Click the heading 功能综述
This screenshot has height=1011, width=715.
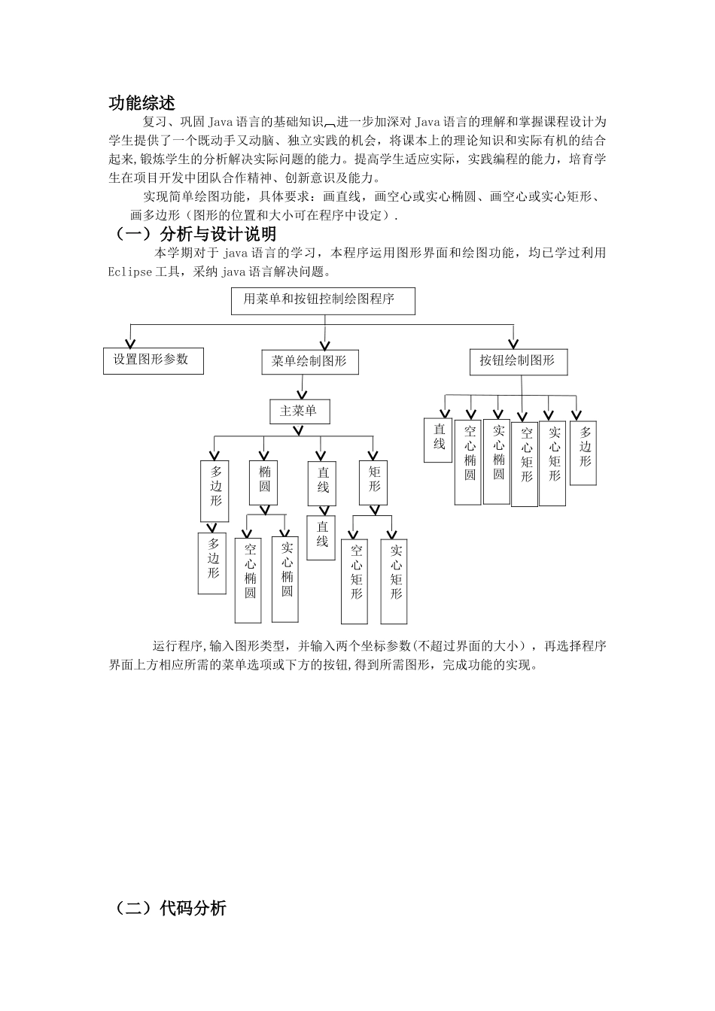point(142,103)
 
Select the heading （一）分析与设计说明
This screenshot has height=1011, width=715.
point(195,234)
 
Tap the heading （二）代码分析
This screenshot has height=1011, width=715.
point(170,908)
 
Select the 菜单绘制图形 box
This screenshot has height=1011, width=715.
point(309,362)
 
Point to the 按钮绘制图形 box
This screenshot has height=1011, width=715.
point(517,361)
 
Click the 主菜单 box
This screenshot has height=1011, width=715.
point(299,411)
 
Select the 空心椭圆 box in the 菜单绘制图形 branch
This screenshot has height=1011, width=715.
point(249,580)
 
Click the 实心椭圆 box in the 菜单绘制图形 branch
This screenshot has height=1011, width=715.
point(286,578)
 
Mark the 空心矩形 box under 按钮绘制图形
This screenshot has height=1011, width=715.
point(525,463)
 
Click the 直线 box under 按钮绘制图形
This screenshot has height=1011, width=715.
point(438,440)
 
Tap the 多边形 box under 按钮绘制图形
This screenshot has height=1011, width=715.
point(584,453)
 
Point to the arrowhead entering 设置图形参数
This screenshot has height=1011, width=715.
point(131,342)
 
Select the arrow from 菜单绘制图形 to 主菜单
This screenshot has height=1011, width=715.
point(303,387)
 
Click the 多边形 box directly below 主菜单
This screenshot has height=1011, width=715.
point(215,490)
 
